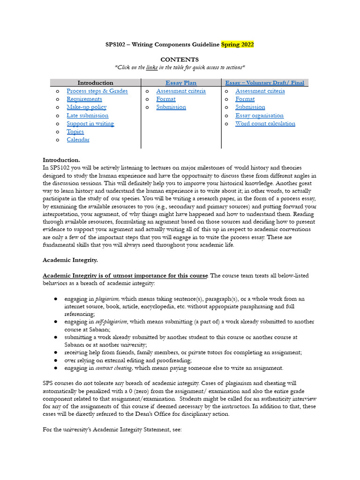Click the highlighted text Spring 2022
click(237, 45)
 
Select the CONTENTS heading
click(180, 60)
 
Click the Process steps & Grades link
click(97, 91)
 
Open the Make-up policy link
click(86, 107)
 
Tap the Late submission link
click(87, 115)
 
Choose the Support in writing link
click(90, 124)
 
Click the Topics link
click(75, 132)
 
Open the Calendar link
click(78, 140)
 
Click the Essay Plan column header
click(181, 83)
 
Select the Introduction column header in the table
click(95, 83)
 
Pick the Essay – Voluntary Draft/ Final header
click(264, 83)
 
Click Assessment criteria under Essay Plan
click(181, 91)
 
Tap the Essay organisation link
click(259, 115)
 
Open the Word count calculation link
click(265, 124)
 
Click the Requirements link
click(84, 99)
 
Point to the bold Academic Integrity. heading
click(70, 260)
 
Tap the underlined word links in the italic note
click(152, 67)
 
